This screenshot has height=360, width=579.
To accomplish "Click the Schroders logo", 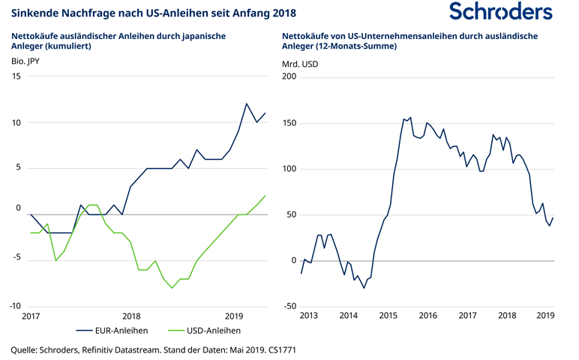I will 500,12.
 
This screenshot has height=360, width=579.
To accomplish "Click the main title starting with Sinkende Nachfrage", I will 154,13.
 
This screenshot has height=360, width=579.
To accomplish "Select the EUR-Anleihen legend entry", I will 120,329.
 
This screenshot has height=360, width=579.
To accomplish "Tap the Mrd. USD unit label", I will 300,64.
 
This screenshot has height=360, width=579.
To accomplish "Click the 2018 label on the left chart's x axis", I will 131,316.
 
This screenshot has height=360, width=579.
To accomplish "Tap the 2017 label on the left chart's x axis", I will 30,316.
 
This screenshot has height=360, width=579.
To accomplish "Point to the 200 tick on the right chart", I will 289,76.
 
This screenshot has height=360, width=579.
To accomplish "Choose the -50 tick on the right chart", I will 289,306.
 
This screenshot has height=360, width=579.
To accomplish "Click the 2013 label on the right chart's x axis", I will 309,316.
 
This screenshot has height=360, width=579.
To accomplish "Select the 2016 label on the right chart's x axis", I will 427,316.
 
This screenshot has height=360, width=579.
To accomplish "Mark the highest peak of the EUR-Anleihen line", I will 247,103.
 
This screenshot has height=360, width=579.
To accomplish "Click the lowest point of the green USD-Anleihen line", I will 172,288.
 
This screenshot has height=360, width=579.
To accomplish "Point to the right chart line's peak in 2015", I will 409,117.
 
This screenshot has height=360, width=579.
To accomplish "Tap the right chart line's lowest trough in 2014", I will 364,288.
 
